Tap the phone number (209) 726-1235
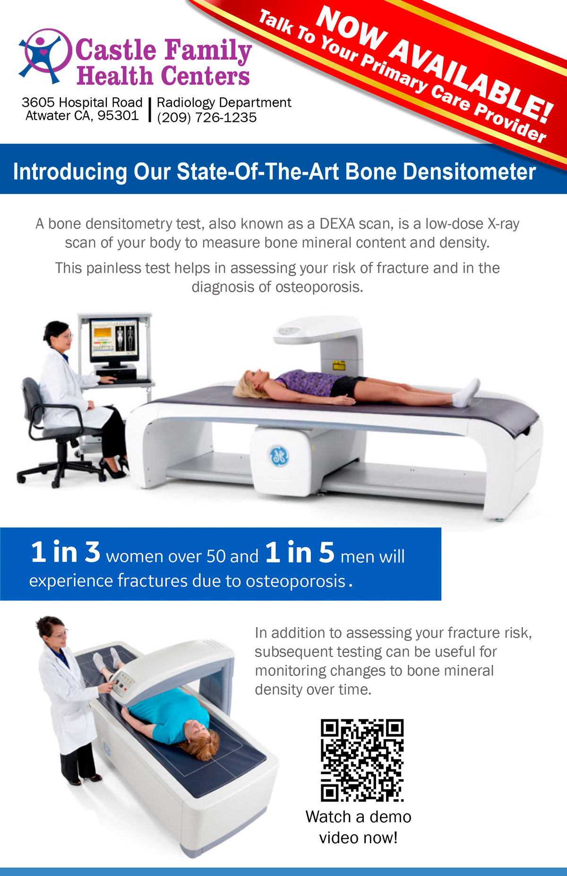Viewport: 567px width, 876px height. coord(207,117)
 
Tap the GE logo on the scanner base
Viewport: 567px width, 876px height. coord(279,456)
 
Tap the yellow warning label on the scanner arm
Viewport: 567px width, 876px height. coord(339,366)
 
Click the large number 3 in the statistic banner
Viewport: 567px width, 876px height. coord(93,552)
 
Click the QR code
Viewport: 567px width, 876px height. coord(362,760)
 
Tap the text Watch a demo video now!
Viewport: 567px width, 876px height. coord(358,827)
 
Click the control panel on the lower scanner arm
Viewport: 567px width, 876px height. coord(124,682)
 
